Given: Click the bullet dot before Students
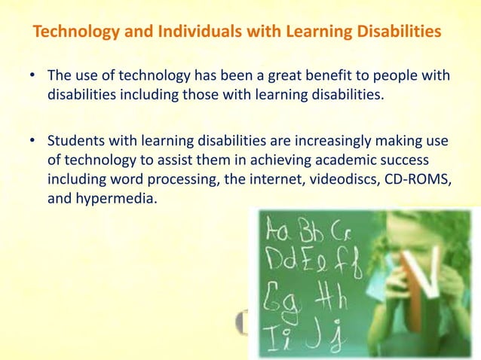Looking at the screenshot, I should click(x=33, y=142).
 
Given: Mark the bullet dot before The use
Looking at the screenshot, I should click(x=33, y=78).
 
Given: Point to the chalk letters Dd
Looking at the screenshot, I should click(x=281, y=259).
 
